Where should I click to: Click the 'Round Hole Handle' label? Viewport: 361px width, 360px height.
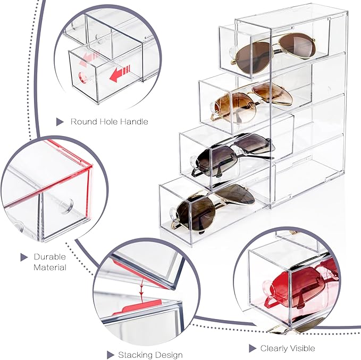109,122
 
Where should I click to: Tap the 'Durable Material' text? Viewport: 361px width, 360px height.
49,262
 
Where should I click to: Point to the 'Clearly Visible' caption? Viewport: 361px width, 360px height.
287,348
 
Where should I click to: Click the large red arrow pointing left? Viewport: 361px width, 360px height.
121,74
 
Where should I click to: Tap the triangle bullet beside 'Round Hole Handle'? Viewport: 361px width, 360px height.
60,122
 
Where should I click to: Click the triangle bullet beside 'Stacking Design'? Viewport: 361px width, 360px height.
110,355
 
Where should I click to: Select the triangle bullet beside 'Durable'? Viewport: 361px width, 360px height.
24,257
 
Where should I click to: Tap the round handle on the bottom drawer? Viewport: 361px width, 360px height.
171,213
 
